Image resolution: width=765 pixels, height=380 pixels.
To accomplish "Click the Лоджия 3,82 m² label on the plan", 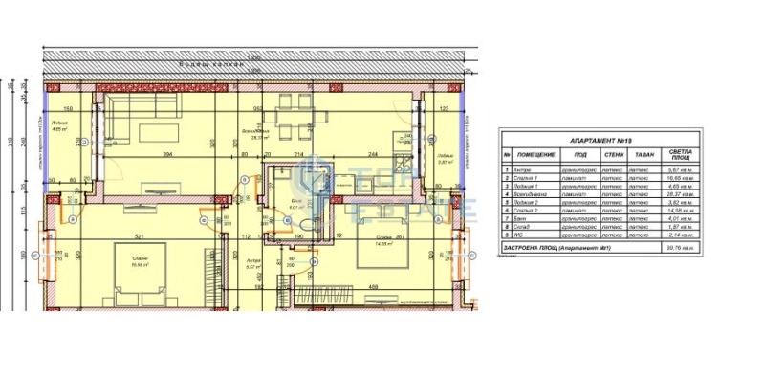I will tap(445, 159).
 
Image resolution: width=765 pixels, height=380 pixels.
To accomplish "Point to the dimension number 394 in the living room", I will tap(166, 154).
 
